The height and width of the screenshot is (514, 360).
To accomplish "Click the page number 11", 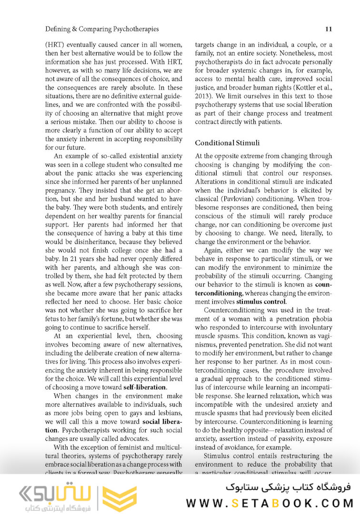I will tap(329, 29).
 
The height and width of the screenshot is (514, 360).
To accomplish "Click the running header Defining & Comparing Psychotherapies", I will tap(102, 29).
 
